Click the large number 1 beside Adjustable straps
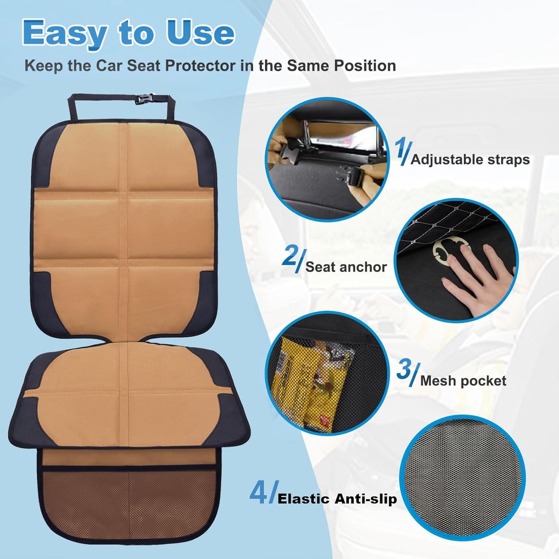click(402, 153)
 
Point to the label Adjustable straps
click(470, 159)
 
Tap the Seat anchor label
click(346, 267)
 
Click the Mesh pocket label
click(463, 381)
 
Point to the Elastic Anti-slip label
click(337, 499)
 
